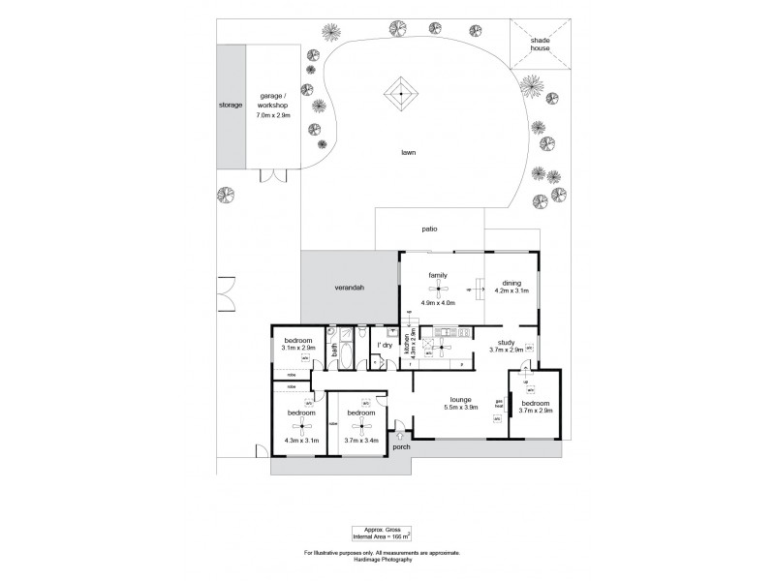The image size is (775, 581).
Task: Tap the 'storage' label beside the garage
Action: pyautogui.click(x=231, y=105)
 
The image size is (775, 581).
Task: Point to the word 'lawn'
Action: pyautogui.click(x=411, y=152)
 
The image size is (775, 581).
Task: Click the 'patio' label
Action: pyautogui.click(x=429, y=229)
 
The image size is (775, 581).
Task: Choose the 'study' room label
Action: pyautogui.click(x=506, y=342)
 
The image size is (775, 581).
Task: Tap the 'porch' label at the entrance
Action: pyautogui.click(x=400, y=447)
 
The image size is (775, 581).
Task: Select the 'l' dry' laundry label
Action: pyautogui.click(x=384, y=345)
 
